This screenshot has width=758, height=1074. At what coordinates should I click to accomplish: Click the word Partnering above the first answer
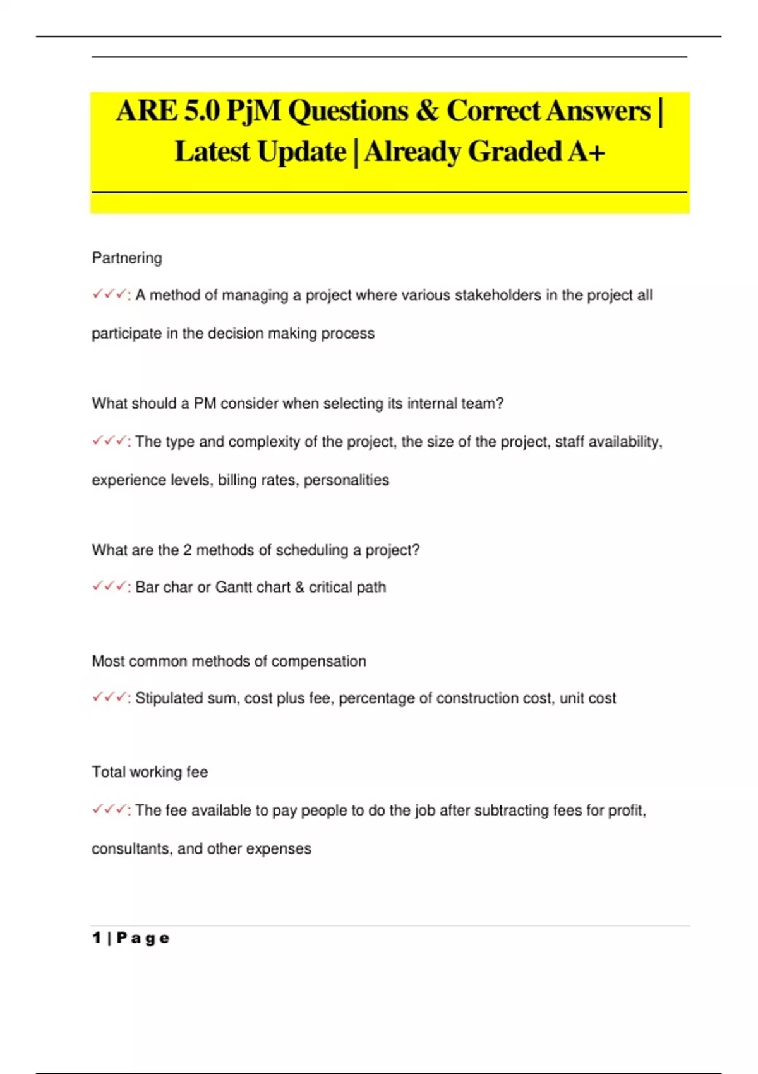127,258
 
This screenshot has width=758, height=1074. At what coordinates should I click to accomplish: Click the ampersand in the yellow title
427,111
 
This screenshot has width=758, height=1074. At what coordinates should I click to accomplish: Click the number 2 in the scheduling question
188,550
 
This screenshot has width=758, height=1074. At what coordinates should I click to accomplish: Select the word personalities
346,480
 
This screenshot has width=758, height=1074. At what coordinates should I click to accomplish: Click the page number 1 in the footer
97,938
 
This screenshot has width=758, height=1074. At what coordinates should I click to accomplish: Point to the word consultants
131,848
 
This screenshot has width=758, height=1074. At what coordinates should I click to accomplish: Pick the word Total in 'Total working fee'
109,772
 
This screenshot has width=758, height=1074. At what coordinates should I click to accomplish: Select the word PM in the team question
205,403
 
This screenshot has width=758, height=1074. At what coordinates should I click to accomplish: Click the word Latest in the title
212,152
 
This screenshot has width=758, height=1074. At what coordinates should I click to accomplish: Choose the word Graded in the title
514,152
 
